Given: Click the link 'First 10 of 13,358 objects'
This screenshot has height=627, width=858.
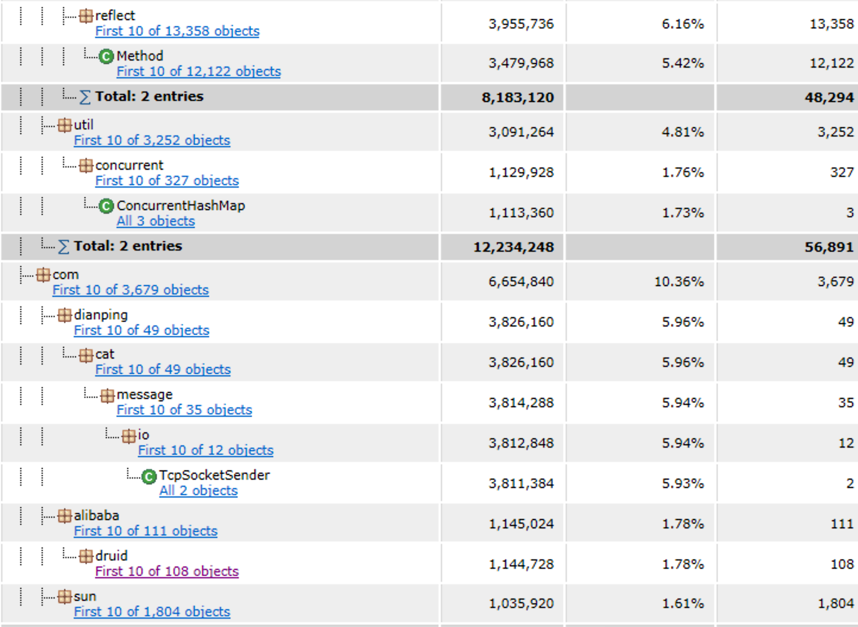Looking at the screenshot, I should [x=177, y=31].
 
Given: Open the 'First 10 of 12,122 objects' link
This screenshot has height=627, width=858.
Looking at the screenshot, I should [x=198, y=72].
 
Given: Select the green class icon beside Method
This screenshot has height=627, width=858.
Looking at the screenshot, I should [x=106, y=56].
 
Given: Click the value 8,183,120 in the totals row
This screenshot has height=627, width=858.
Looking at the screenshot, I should [x=518, y=98].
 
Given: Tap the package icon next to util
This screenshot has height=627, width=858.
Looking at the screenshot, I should [x=65, y=125].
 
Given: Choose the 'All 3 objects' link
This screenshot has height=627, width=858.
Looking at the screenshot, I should [x=156, y=221].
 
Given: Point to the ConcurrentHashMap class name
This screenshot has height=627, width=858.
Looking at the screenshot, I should [x=181, y=206].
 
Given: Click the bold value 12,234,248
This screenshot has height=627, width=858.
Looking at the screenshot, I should [x=513, y=248].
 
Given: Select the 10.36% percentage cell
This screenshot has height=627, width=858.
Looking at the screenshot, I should [x=679, y=282].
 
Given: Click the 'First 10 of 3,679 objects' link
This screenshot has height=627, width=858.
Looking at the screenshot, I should [x=131, y=290].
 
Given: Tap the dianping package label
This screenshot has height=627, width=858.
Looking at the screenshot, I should [x=100, y=315].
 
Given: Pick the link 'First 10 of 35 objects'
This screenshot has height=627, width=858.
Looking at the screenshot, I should [x=184, y=410].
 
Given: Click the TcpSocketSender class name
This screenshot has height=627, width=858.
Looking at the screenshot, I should [x=214, y=476].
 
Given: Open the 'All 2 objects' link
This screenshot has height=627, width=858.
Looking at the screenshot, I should [x=198, y=491].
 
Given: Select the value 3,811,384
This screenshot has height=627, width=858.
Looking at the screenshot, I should [x=521, y=484].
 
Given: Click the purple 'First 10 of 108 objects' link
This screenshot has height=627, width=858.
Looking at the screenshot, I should [x=167, y=572].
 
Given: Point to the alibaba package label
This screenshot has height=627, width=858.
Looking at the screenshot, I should [x=96, y=515].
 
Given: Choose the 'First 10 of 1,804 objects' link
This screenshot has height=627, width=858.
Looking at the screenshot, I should [x=152, y=612].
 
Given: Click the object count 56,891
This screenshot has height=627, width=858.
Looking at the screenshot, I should [x=829, y=248].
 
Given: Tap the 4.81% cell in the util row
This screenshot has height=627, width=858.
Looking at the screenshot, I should [x=683, y=132].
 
